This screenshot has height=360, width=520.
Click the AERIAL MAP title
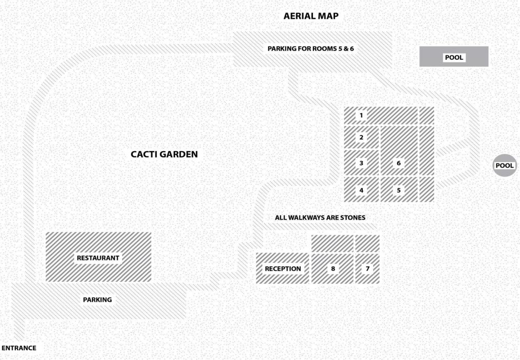[x=311, y=16]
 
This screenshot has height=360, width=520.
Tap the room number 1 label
[x=362, y=115]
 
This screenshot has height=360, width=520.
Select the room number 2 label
[x=362, y=137]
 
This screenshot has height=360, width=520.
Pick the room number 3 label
[x=362, y=163]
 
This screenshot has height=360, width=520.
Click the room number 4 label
[x=362, y=190]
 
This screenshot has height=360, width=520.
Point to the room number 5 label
[x=399, y=190]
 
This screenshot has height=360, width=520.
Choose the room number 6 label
[x=399, y=163]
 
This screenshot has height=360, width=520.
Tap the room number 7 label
[x=367, y=268]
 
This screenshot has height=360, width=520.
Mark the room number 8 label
[x=333, y=268]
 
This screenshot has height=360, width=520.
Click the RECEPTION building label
[x=283, y=268]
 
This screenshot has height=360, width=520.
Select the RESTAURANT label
[x=98, y=258]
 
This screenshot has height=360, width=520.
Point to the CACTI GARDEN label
[x=164, y=154]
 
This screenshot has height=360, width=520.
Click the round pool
[x=505, y=166]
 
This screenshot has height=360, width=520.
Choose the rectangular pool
[x=454, y=57]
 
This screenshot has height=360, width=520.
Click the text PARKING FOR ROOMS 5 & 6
[x=311, y=48]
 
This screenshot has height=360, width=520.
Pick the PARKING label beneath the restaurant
[x=97, y=299]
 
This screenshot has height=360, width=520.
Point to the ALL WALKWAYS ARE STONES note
[x=320, y=218]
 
